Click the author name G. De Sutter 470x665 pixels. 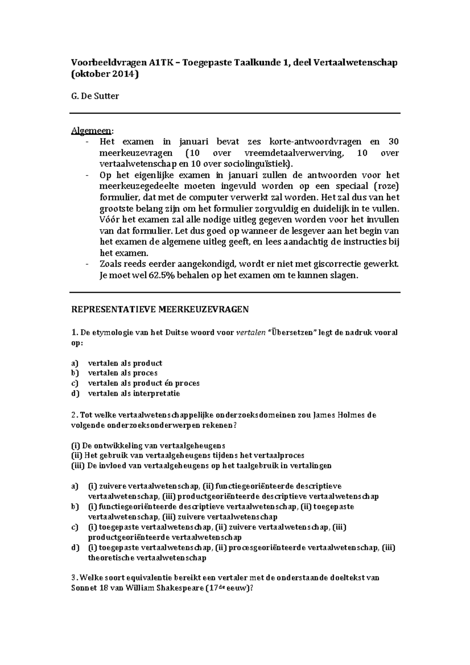click(x=94, y=96)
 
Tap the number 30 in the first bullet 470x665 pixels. click(x=393, y=142)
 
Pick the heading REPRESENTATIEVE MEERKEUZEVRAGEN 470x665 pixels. click(x=160, y=310)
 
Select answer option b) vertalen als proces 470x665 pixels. click(x=122, y=373)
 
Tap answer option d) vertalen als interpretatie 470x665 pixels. click(x=134, y=394)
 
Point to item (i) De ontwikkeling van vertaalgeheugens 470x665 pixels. click(x=148, y=446)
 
